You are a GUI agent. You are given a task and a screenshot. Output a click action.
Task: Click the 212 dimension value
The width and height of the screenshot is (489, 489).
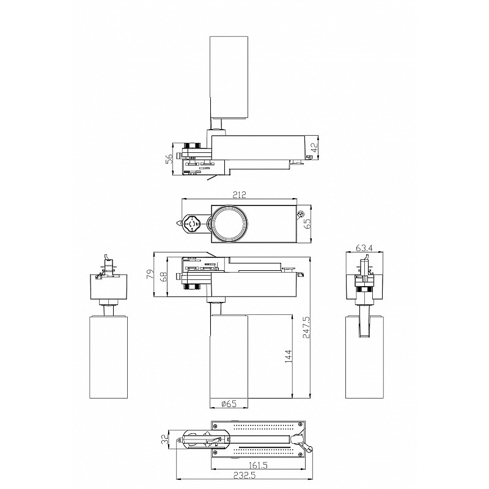coord(240,195)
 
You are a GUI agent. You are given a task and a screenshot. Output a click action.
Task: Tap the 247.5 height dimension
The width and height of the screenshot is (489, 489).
coord(306,327)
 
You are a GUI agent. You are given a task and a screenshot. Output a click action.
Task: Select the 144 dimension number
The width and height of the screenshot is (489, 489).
coord(288,356)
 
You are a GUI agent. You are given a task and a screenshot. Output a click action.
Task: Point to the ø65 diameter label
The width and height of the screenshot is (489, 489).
coord(229,403)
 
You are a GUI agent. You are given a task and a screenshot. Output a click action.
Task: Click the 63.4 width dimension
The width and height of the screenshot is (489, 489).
coord(364,248)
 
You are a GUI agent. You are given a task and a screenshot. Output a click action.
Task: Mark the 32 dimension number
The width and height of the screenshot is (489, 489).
coord(164,439)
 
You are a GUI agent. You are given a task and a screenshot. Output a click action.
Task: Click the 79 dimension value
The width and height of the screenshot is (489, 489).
coord(150,274)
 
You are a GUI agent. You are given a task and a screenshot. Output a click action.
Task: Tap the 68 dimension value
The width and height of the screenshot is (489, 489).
coord(163,277)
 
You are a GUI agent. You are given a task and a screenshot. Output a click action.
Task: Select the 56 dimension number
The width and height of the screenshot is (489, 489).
coord(169,159)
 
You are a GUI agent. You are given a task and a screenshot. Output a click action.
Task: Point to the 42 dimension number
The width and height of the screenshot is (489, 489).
coord(315,147)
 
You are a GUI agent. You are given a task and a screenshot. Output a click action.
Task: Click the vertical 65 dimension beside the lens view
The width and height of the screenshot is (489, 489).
coord(307,223)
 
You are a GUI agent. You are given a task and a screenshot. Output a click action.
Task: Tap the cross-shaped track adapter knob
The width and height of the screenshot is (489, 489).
coord(191,223)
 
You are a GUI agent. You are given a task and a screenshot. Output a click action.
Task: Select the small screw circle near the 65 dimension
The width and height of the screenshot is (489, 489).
coord(301,214)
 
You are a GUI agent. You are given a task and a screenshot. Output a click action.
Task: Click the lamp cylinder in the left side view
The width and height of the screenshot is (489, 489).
coord(109,357)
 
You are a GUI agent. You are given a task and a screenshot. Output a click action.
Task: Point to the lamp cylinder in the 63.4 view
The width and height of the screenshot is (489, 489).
coord(364,357)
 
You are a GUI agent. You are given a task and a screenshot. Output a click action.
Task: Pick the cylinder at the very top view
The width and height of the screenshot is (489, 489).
coord(229,78)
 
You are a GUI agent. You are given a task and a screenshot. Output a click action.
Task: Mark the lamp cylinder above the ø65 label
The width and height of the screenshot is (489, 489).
coord(229,356)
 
